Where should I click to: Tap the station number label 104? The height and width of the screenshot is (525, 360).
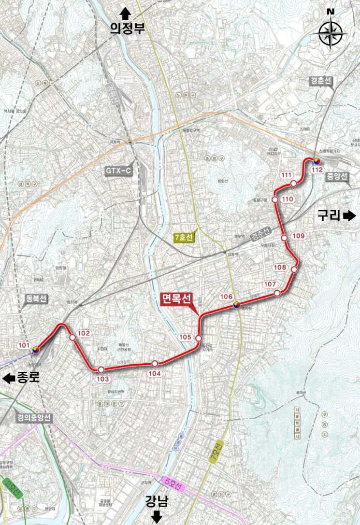coord(154,372)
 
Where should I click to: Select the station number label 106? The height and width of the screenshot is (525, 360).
coord(227,297)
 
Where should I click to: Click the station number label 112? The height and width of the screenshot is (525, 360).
coord(317,170)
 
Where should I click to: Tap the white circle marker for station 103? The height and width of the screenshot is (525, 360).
coord(101,369)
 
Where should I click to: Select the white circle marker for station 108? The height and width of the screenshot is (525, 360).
coord(294,269)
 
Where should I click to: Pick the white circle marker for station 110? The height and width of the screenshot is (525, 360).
coord(275,199)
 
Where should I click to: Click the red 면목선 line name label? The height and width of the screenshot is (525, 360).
coord(176,299)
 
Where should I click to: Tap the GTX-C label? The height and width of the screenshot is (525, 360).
coord(118,171)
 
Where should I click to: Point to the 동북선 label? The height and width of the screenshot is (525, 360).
coord(36,299)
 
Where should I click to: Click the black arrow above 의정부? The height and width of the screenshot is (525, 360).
coord(127,13)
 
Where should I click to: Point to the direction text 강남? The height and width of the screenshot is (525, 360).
coord(157,502)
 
